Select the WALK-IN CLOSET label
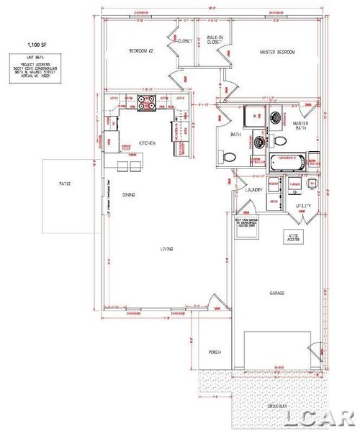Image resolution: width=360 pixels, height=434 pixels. coord(214,40)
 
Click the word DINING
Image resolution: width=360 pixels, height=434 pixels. coord(130,194)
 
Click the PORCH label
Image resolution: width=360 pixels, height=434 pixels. coord(215,353)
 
